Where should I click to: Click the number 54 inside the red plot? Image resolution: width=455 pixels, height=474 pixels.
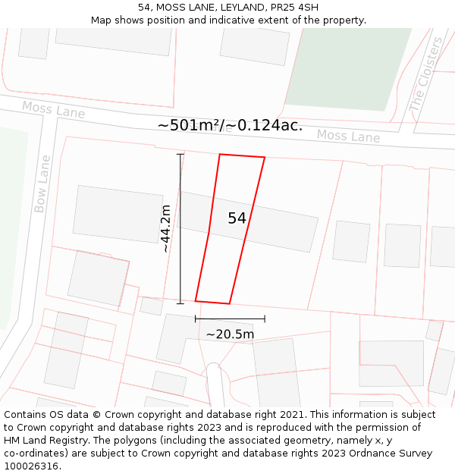click(237, 218)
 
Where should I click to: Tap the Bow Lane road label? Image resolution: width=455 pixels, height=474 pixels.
click(42, 184)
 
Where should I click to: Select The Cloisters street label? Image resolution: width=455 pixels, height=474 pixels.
click(427, 76)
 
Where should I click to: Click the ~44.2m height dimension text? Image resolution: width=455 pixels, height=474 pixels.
click(165, 228)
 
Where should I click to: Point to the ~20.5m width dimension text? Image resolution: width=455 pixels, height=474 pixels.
click(230, 334)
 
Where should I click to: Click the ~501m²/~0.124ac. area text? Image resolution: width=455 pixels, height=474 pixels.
click(230, 125)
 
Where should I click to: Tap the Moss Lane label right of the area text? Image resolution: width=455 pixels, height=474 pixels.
click(348, 137)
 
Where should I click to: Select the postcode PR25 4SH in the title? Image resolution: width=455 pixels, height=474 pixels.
click(291, 8)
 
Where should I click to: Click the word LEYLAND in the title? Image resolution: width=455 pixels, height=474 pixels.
click(224, 8)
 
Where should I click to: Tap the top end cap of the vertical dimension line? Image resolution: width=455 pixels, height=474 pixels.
click(180, 155)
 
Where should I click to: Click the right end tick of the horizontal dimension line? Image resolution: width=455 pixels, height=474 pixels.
click(265, 319)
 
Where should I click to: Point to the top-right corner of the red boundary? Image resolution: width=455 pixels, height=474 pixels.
click(265, 158)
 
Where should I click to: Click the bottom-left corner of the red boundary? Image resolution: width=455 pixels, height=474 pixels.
click(196, 300)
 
